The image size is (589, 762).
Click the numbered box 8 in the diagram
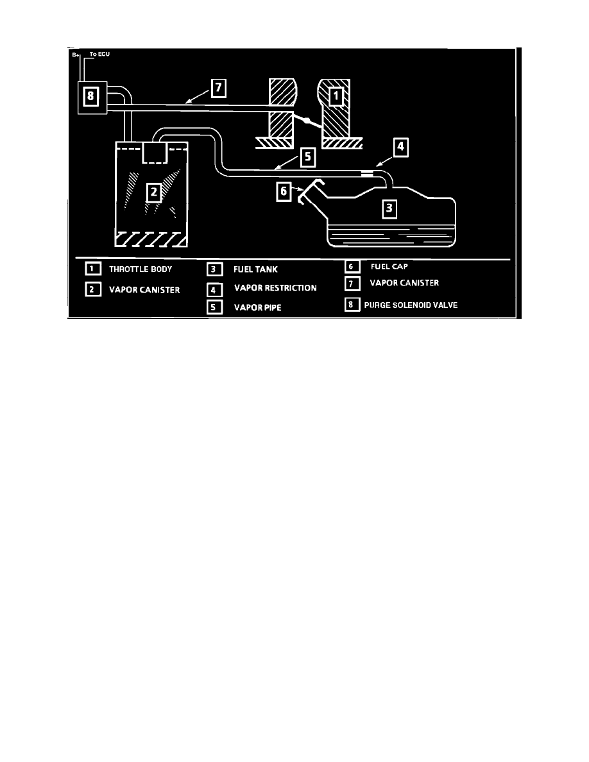(x=90, y=96)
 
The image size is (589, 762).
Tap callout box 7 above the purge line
(x=219, y=88)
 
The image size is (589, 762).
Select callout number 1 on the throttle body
(x=336, y=96)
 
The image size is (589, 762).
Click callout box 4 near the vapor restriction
(x=400, y=147)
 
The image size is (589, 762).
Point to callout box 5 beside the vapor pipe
(x=307, y=157)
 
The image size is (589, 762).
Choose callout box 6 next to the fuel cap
(x=284, y=191)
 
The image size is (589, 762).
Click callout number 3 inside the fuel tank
(x=389, y=209)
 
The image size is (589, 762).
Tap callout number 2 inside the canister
(x=153, y=192)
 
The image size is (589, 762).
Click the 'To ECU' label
(x=99, y=54)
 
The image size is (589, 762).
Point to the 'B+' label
(x=75, y=55)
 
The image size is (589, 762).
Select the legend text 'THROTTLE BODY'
(x=141, y=269)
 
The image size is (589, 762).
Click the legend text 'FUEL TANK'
(x=255, y=269)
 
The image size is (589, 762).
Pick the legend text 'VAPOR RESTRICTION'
(x=275, y=288)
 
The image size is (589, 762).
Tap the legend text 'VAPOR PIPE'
(x=257, y=307)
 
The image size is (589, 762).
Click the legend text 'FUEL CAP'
(x=389, y=266)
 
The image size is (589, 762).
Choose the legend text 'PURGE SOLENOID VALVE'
(x=411, y=305)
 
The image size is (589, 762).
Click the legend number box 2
(x=93, y=290)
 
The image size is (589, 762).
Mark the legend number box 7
(x=352, y=284)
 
